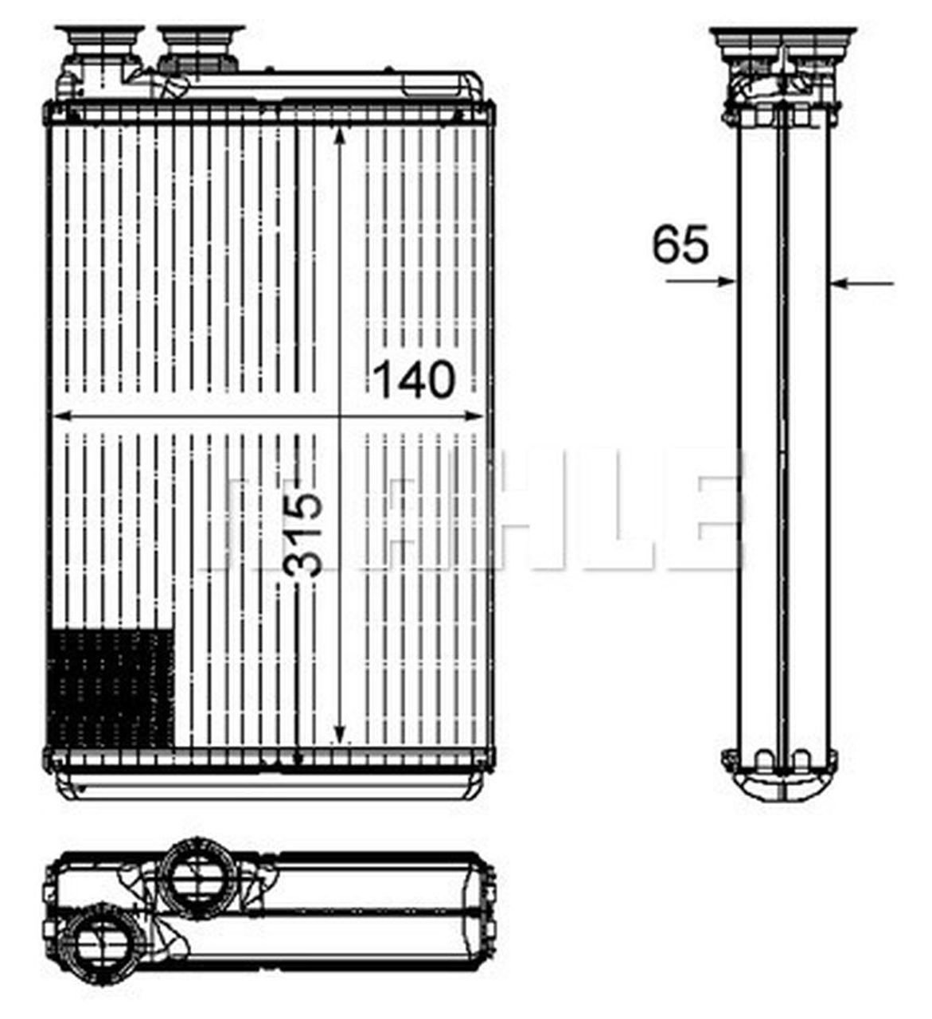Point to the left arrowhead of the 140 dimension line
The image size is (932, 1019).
[x=58, y=416]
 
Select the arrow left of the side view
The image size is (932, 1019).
[x=700, y=281]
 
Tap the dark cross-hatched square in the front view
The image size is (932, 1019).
[x=111, y=689]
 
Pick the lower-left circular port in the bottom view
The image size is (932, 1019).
[x=100, y=943]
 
